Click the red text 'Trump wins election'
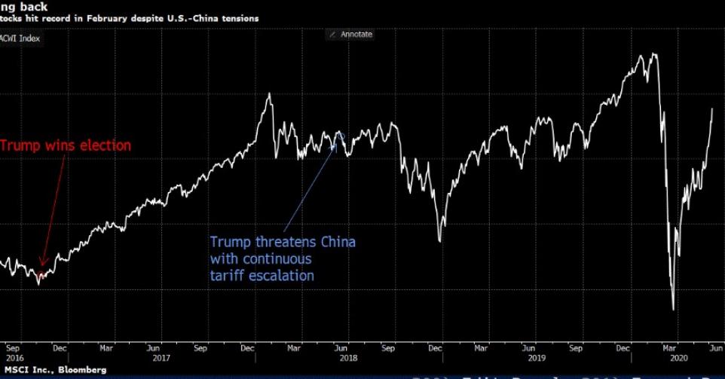point(66,145)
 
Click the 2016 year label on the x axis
point(13,358)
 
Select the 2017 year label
point(161,358)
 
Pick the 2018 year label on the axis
point(348,358)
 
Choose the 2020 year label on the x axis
point(685,358)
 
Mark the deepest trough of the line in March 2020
point(673,309)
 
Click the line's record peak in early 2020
point(653,53)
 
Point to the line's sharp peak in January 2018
point(269,93)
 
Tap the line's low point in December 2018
point(440,241)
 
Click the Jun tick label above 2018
point(341,348)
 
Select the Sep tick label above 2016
point(13,348)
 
